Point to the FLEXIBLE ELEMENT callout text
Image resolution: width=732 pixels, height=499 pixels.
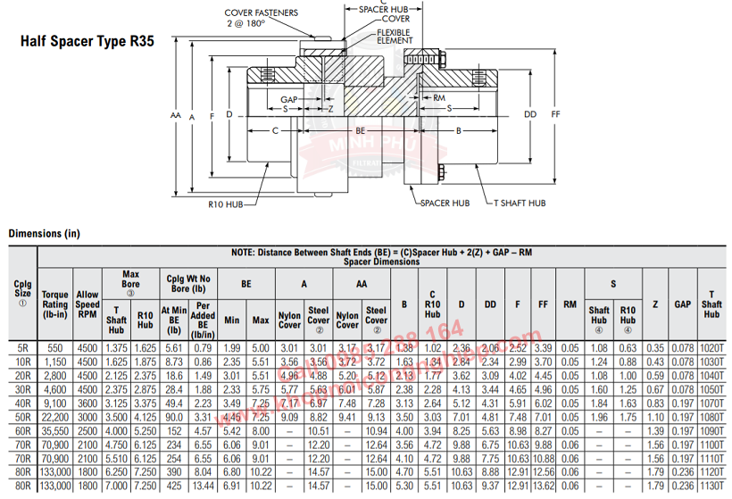pos(395,36)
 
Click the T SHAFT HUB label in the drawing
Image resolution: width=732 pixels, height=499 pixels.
pos(520,203)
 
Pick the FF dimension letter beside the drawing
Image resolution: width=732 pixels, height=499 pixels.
pos(556,114)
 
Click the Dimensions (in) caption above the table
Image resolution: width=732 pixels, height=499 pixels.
pos(45,234)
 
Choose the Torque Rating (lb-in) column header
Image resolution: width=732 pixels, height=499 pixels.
pos(55,304)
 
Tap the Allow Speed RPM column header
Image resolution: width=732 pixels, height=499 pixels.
pos(87,304)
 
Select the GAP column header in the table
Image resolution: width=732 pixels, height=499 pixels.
pos(683,304)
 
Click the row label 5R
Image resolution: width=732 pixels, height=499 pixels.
pos(23,347)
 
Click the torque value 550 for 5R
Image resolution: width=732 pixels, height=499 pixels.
pos(55,347)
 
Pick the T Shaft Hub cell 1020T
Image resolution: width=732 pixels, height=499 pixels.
pos(711,347)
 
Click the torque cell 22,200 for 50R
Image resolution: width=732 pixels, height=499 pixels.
pos(55,416)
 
